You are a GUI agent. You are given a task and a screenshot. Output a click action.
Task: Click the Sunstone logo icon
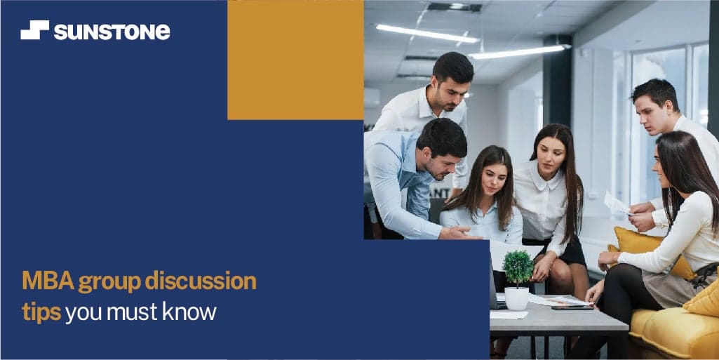[x=35, y=29]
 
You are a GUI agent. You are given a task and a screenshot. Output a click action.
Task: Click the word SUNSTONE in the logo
[x=112, y=32]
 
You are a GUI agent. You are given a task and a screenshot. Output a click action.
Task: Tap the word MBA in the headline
[x=48, y=281]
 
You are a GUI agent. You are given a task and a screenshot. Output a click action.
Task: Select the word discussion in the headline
[x=201, y=281]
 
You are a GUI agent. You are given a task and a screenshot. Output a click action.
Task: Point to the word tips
[x=41, y=312]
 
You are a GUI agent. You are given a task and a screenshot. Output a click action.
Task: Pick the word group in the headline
[x=109, y=283]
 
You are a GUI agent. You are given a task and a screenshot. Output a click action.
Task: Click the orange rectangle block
[x=295, y=60]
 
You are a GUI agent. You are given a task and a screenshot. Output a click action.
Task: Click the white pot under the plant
[x=517, y=298]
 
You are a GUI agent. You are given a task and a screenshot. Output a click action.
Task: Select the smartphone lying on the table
[x=572, y=307]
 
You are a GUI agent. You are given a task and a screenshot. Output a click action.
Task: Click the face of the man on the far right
[x=651, y=114]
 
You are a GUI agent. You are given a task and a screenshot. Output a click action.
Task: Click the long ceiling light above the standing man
[x=427, y=34]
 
